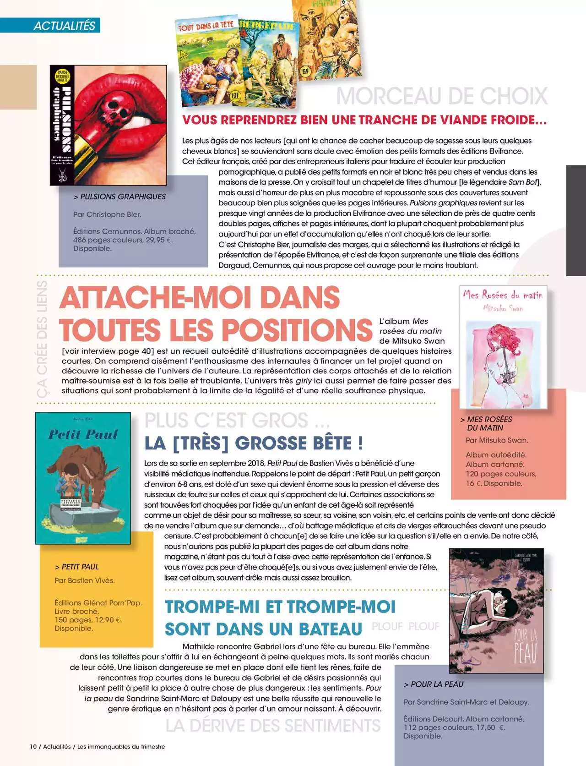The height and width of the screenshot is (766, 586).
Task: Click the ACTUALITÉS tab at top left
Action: click(x=64, y=26)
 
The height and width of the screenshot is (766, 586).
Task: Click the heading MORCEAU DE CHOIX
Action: click(x=442, y=96)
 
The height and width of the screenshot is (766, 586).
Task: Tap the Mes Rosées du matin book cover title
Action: click(x=502, y=295)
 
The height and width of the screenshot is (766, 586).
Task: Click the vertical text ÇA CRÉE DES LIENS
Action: click(x=42, y=339)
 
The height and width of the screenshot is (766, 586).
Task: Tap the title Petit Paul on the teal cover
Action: click(x=83, y=434)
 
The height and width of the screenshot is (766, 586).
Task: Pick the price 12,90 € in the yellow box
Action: click(x=108, y=620)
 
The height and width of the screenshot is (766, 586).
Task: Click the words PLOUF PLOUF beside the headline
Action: click(x=405, y=626)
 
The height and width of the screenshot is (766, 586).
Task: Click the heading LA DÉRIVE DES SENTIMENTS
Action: click(x=273, y=726)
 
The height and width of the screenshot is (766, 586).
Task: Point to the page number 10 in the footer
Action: click(x=33, y=746)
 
